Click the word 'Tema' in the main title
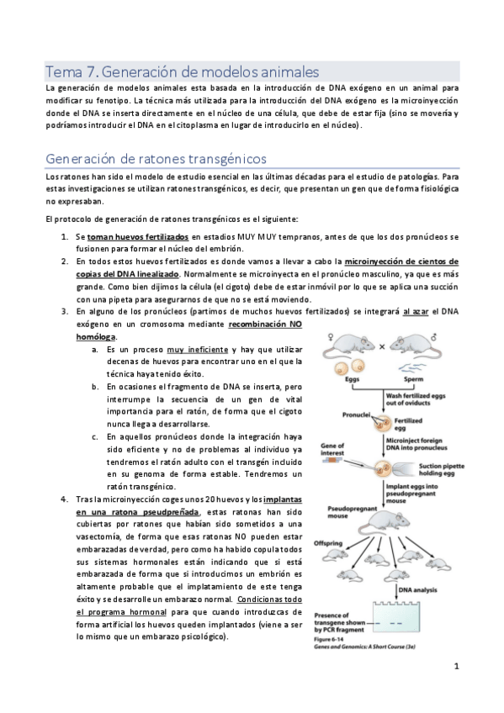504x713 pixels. [x=64, y=71]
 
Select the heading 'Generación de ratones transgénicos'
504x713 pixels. [x=156, y=158]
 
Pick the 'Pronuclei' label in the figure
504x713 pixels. [x=358, y=415]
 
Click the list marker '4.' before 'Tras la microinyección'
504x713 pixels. [x=66, y=499]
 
